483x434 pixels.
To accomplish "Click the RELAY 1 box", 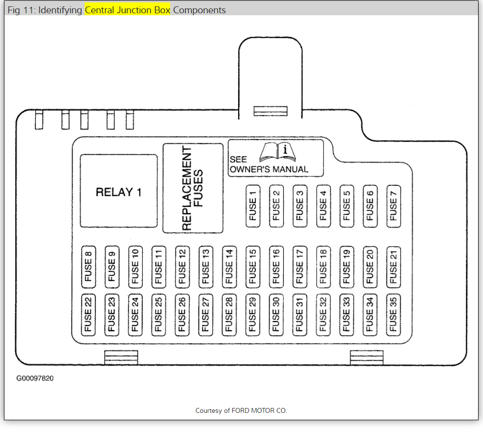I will pos(119,191).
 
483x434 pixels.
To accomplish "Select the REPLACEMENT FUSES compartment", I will pos(192,188).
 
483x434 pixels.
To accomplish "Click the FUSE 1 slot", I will pos(253,206).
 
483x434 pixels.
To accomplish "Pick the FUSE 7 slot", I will pos(393,206).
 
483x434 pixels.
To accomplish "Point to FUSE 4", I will pos(323,206).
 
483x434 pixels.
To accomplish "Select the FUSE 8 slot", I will pos(88,266).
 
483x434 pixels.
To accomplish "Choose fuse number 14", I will pos(229,266).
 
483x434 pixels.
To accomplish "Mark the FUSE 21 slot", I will pos(393,266).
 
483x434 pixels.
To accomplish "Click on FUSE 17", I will pos(299,266).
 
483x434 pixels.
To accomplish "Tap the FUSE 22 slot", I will pos(88,315).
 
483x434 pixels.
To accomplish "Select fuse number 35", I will pos(393,315).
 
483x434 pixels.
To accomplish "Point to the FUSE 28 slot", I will pos(229,315).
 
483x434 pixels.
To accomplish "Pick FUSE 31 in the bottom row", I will pos(299,315).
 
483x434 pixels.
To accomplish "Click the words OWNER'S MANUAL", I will pos(269,169).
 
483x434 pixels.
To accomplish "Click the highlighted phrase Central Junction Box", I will pos(127,10).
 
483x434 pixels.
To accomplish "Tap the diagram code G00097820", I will pos(34,379).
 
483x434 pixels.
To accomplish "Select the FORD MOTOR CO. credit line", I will pos(241,410).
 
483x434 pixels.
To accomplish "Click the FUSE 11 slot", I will pos(158,266).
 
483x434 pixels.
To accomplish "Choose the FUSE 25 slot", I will pos(158,315).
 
